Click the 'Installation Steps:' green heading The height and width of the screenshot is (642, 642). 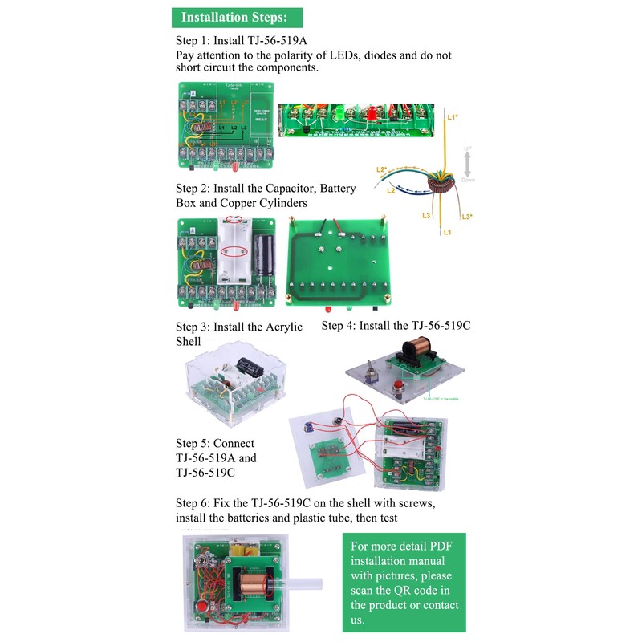[x=237, y=17]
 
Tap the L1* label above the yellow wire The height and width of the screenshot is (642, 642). [x=453, y=117]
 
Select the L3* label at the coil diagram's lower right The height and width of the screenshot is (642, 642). [x=467, y=217]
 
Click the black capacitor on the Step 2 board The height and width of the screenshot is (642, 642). [x=262, y=258]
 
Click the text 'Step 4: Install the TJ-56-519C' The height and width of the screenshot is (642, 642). [x=396, y=326]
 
